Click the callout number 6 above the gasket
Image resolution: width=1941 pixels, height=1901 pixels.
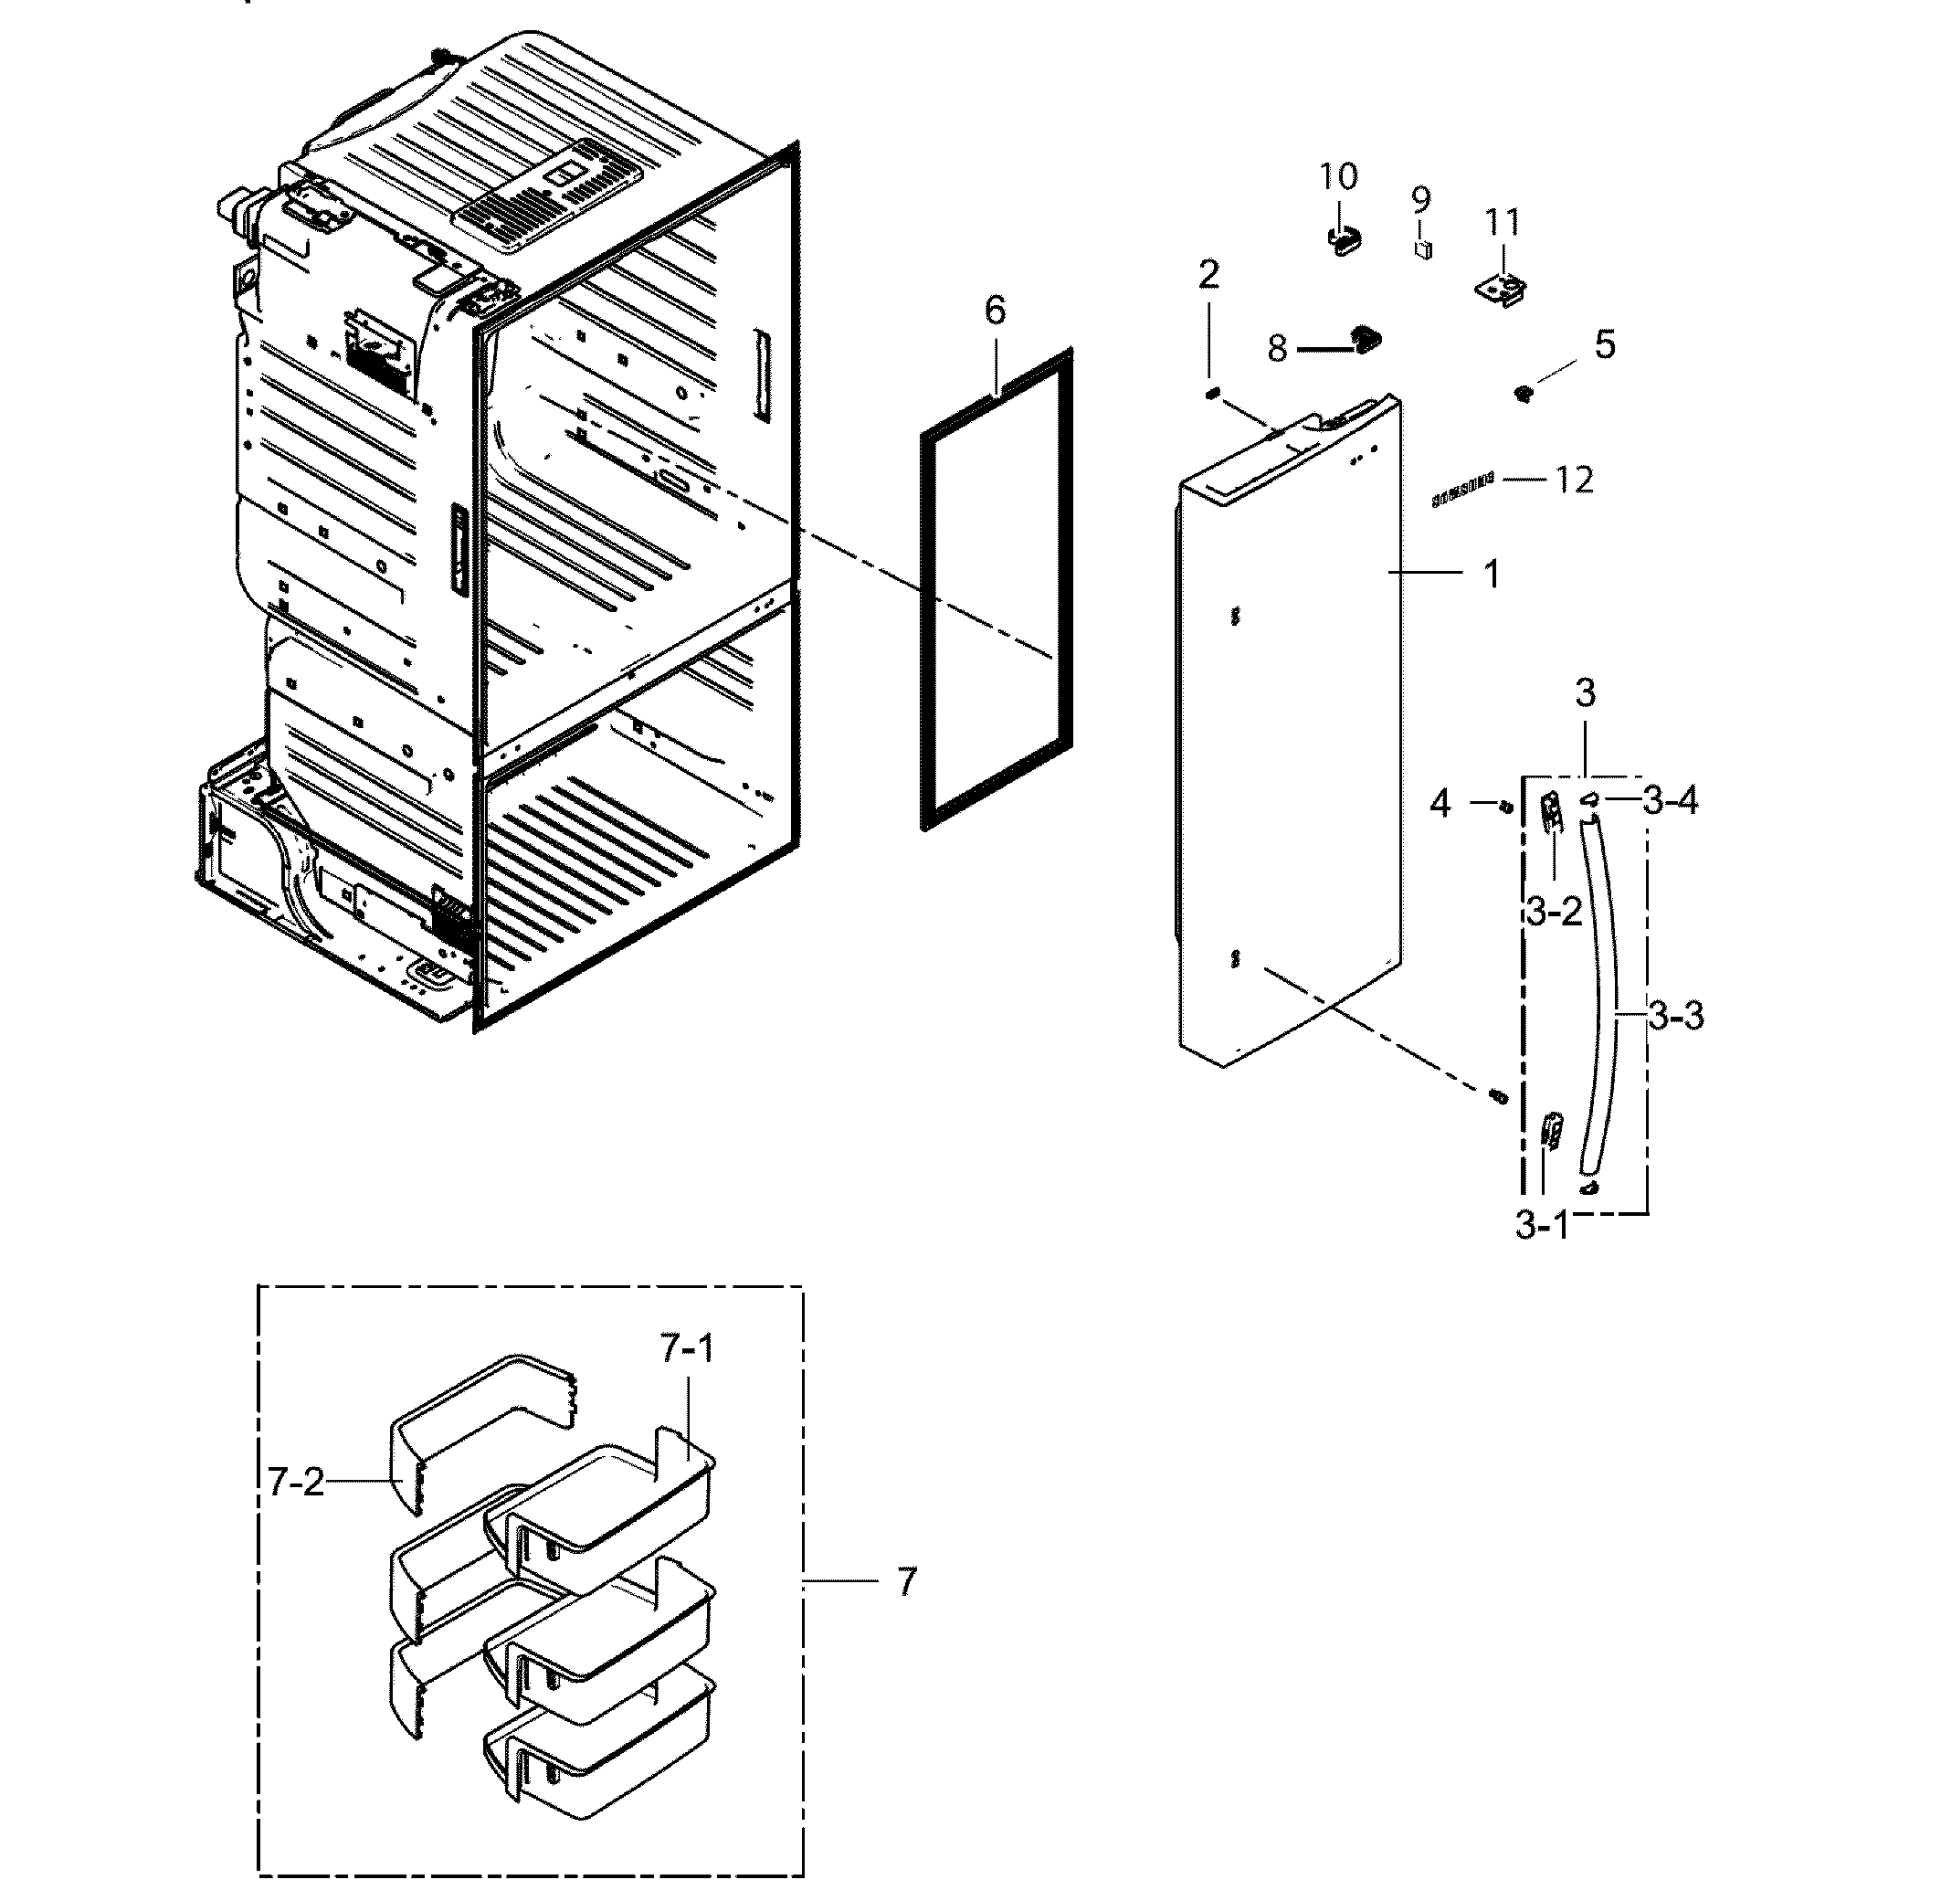995,312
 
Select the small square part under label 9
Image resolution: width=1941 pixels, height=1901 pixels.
1423,248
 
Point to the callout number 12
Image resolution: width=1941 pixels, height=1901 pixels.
1574,481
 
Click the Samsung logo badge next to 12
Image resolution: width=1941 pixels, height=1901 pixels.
1462,491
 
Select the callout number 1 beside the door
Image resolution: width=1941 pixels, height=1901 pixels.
1491,574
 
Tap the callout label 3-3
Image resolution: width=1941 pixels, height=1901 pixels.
1675,1017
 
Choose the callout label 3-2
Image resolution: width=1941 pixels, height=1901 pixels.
1554,911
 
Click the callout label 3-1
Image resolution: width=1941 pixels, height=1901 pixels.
1543,1225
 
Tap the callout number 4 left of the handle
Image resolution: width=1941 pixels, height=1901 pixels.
1439,803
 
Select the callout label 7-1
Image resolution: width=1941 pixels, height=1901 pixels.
687,1350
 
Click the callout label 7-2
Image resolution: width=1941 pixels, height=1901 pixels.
297,1482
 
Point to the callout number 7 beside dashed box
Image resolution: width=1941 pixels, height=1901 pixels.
905,1581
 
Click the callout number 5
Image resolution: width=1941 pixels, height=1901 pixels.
1604,345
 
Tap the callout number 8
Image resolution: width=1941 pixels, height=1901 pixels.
1277,348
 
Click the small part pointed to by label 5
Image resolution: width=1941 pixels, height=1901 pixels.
1524,395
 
